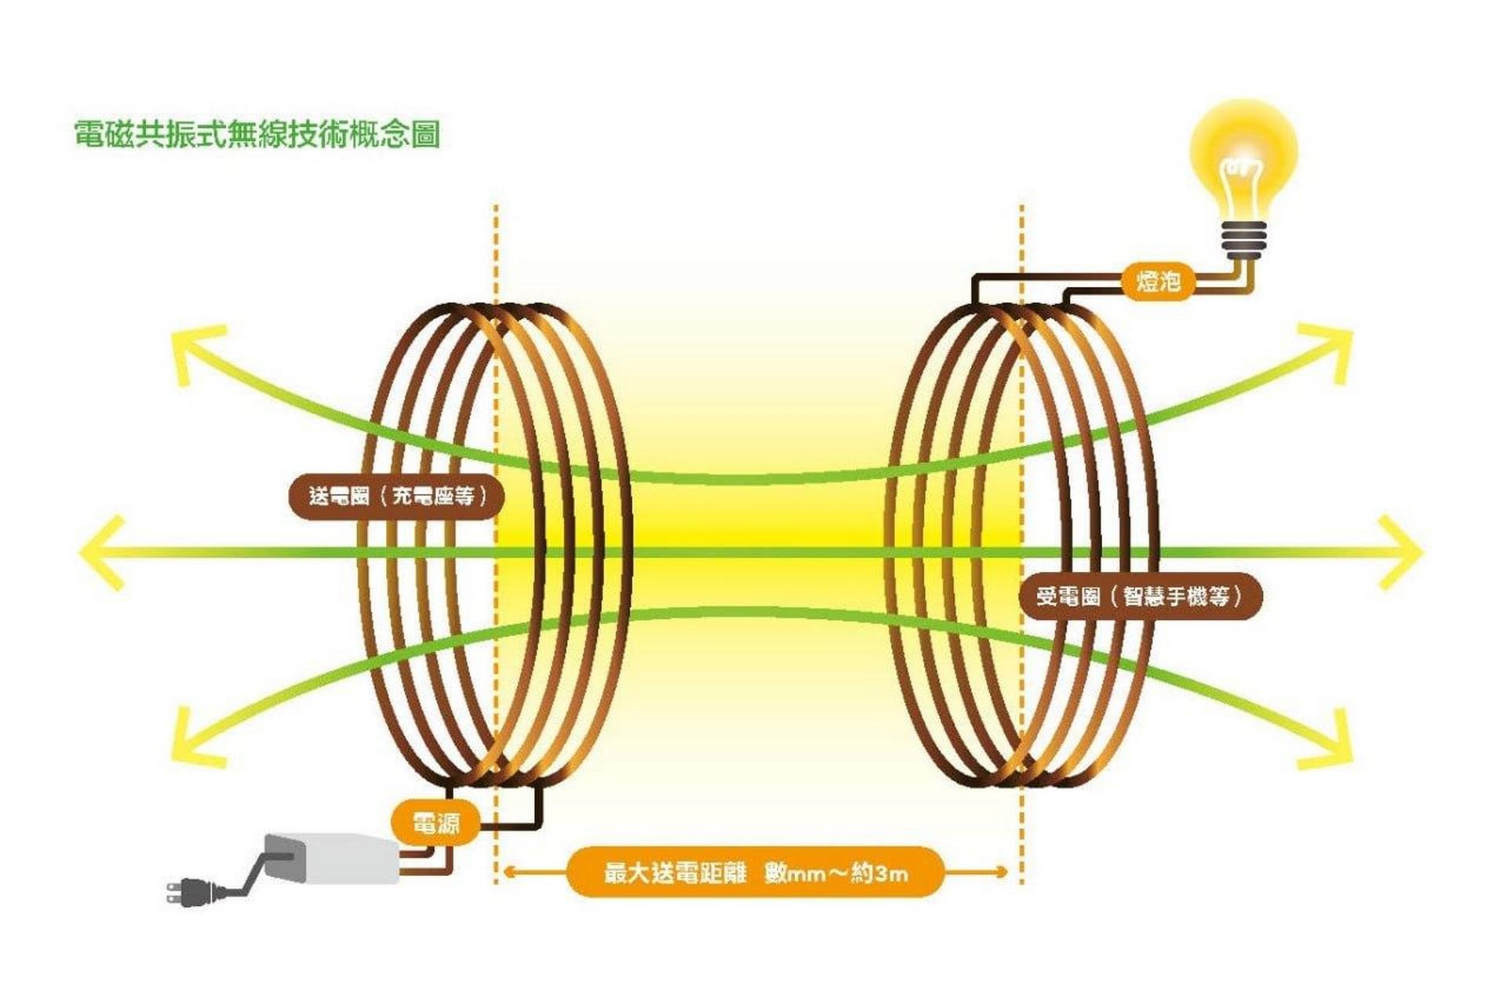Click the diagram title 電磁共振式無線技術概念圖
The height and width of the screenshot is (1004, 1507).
257,134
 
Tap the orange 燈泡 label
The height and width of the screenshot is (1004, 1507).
1158,280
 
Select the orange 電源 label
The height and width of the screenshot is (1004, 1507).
435,824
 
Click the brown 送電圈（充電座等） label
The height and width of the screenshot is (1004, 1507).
397,497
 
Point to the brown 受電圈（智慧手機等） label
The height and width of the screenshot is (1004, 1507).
1140,596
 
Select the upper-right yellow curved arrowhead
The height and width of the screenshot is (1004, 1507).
1334,345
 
